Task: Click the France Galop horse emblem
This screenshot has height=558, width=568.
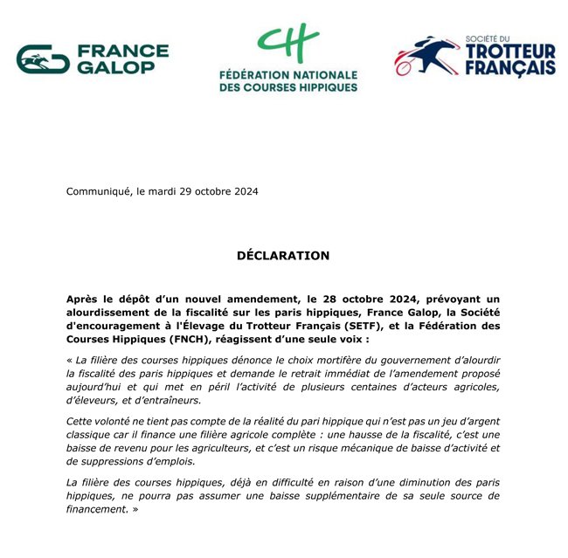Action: point(43,59)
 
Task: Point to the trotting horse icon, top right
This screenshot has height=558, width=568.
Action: point(426,55)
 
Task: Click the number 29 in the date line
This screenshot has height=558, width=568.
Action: point(195,192)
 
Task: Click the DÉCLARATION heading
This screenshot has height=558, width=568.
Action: point(283,256)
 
